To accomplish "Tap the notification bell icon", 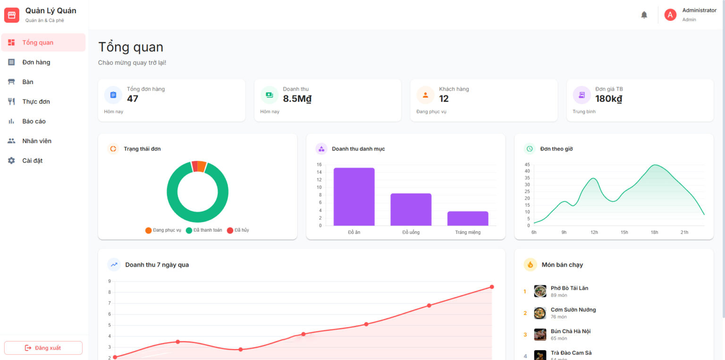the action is coord(644,15).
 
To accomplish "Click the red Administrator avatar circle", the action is coord(670,15).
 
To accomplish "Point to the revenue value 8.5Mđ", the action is coord(297,99).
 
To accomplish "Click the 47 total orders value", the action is coord(132,99).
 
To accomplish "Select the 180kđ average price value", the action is coord(608,99).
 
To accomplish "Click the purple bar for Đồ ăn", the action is coord(354,197).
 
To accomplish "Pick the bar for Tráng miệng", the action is coord(468,218).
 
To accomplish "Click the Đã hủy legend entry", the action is coord(238,230).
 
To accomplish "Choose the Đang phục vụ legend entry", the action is coord(163,230).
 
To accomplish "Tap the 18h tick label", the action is coord(654,232).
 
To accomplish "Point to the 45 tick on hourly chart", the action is coord(527,165).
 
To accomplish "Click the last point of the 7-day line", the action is coord(492,287).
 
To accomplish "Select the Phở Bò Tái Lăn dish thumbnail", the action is coord(540,291).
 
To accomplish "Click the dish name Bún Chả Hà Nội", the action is coord(571,331).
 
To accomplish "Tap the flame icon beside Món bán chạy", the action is coord(530,265).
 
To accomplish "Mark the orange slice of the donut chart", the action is coord(202,166).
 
